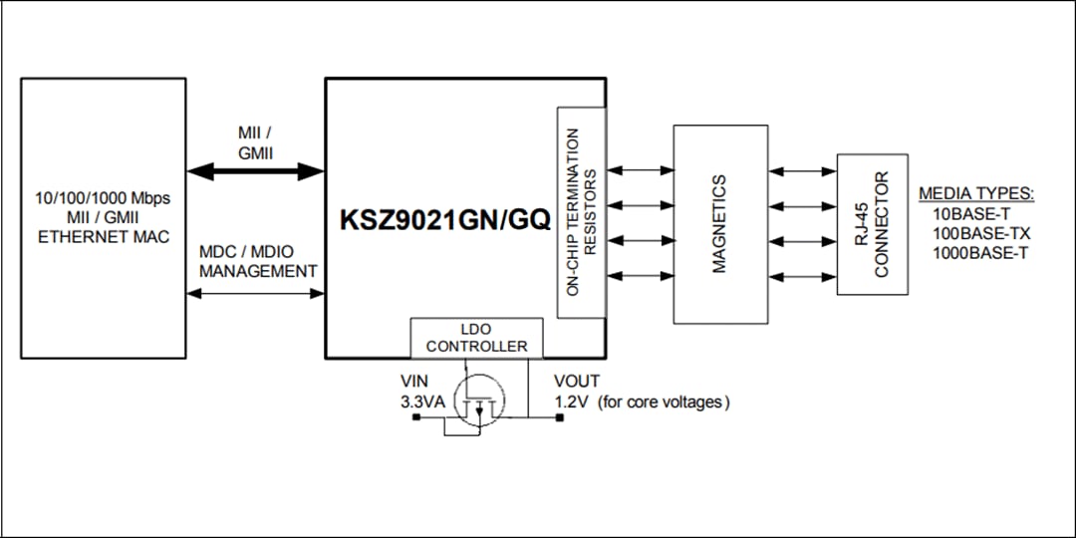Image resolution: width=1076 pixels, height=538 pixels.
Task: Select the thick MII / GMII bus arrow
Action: (x=256, y=171)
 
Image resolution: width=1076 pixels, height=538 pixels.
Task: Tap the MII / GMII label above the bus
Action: (x=255, y=142)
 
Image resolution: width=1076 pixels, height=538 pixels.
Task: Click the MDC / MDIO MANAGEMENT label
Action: (x=258, y=261)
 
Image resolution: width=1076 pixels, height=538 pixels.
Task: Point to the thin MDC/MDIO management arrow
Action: (x=256, y=293)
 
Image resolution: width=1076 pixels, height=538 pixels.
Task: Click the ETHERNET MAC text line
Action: (x=103, y=236)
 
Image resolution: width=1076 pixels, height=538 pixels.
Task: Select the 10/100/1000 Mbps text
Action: (x=103, y=198)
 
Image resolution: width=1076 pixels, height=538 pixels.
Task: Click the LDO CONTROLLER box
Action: (x=476, y=338)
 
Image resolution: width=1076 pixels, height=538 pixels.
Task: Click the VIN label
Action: (x=413, y=381)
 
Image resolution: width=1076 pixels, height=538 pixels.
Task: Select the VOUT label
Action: (x=577, y=381)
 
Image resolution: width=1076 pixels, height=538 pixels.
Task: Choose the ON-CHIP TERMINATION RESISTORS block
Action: (x=581, y=212)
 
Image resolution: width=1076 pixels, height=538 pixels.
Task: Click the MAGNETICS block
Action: (x=720, y=224)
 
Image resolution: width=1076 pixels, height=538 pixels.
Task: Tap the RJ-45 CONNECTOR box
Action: (x=872, y=224)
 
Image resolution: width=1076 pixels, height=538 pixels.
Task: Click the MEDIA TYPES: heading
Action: (x=975, y=194)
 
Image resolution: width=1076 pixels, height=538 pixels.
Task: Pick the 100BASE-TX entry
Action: (x=980, y=233)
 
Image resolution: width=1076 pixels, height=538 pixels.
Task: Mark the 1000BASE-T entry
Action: (x=979, y=252)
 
